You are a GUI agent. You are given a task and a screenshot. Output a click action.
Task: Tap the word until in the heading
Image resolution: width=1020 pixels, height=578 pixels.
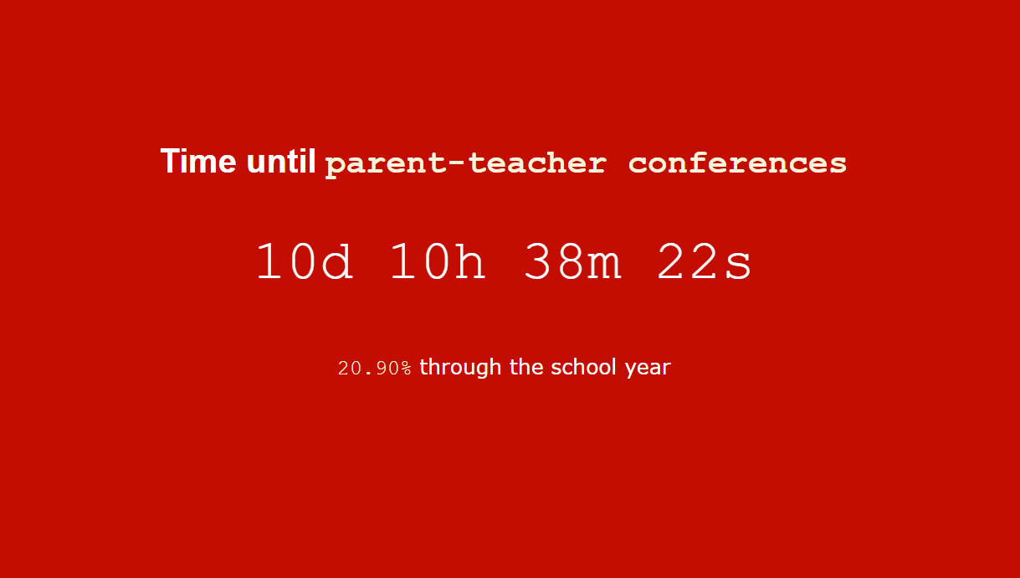(281, 161)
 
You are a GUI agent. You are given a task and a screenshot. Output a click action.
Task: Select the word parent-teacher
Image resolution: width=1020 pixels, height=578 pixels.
(465, 163)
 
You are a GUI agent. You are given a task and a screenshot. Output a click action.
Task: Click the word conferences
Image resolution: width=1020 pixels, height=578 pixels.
(737, 163)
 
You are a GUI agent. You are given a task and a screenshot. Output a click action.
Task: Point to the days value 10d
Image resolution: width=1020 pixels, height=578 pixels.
(304, 261)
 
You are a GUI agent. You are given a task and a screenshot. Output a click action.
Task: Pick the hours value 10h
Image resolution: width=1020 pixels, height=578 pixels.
(438, 261)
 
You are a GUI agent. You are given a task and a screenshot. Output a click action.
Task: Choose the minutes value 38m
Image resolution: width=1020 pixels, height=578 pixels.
(572, 261)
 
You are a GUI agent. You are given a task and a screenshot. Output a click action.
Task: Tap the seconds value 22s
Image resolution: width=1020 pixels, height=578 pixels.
(705, 261)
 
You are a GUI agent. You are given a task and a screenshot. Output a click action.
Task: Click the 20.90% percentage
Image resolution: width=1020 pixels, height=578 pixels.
(374, 368)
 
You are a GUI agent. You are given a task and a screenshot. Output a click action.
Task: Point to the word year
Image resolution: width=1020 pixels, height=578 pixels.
(648, 369)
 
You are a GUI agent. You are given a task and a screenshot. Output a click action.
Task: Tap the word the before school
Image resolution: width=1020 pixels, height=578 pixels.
(526, 367)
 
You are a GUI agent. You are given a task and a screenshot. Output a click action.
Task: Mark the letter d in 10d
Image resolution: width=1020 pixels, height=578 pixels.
(337, 261)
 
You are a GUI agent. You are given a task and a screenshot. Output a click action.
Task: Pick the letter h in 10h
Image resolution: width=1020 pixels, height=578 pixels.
(471, 261)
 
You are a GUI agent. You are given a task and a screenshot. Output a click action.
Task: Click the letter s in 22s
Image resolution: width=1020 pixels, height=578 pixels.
(739, 265)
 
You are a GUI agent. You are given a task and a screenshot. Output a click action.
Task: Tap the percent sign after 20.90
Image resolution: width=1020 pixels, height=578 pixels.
(406, 369)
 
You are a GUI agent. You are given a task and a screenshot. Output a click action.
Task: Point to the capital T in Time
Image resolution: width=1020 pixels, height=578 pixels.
(169, 161)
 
